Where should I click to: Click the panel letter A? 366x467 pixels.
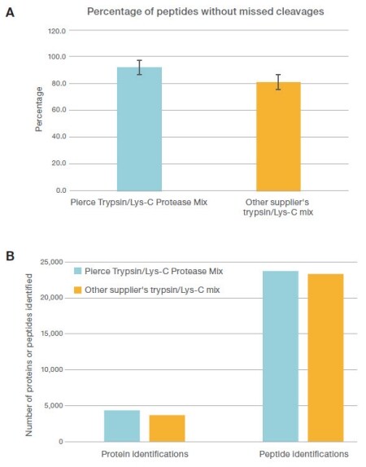click(11, 14)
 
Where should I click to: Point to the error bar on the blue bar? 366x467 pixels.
click(139, 67)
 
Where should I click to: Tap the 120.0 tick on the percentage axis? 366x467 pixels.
click(54, 31)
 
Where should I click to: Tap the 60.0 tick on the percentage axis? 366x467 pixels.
click(56, 110)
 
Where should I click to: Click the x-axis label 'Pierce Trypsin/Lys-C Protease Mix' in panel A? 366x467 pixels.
click(139, 201)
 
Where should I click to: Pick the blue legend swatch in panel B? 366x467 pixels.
click(78, 271)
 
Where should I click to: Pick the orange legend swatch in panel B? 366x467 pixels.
click(78, 290)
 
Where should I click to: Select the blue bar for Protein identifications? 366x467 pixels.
click(121, 426)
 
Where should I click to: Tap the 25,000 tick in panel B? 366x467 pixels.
click(53, 262)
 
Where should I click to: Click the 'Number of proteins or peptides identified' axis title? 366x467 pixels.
click(29, 351)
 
